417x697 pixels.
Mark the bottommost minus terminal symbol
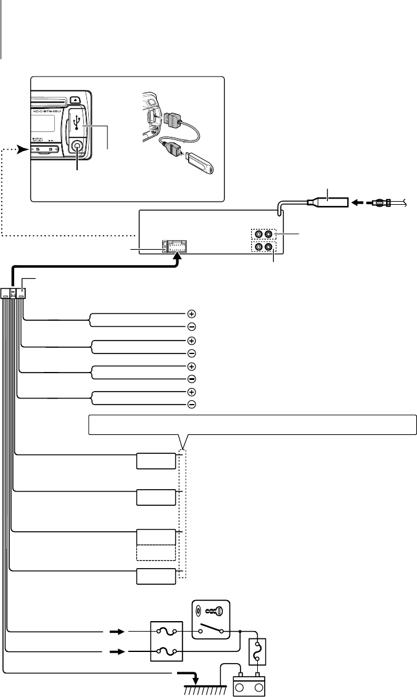191,405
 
